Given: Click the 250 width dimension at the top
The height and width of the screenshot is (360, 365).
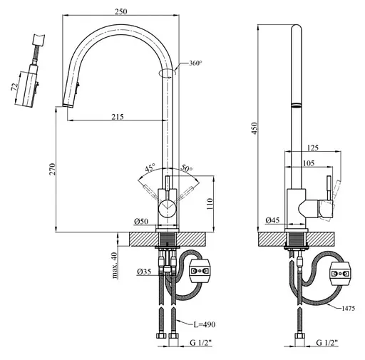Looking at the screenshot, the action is pyautogui.click(x=121, y=11).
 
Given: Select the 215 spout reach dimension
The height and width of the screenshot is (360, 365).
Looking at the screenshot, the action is pyautogui.click(x=118, y=117).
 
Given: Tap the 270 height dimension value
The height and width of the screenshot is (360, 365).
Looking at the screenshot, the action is pyautogui.click(x=52, y=169).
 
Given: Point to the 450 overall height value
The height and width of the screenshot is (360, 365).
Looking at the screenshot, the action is pyautogui.click(x=255, y=128).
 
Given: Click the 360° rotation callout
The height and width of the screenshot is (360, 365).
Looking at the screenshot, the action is pyautogui.click(x=195, y=63).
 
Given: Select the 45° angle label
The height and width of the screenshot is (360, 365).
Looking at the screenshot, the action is pyautogui.click(x=150, y=167).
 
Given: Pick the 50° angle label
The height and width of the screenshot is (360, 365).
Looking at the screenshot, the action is pyautogui.click(x=187, y=168).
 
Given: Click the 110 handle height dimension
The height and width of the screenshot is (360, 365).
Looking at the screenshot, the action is pyautogui.click(x=210, y=204).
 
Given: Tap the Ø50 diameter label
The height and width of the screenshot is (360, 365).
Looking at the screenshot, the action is pyautogui.click(x=141, y=222).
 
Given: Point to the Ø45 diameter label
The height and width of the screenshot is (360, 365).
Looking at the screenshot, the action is pyautogui.click(x=272, y=220).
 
